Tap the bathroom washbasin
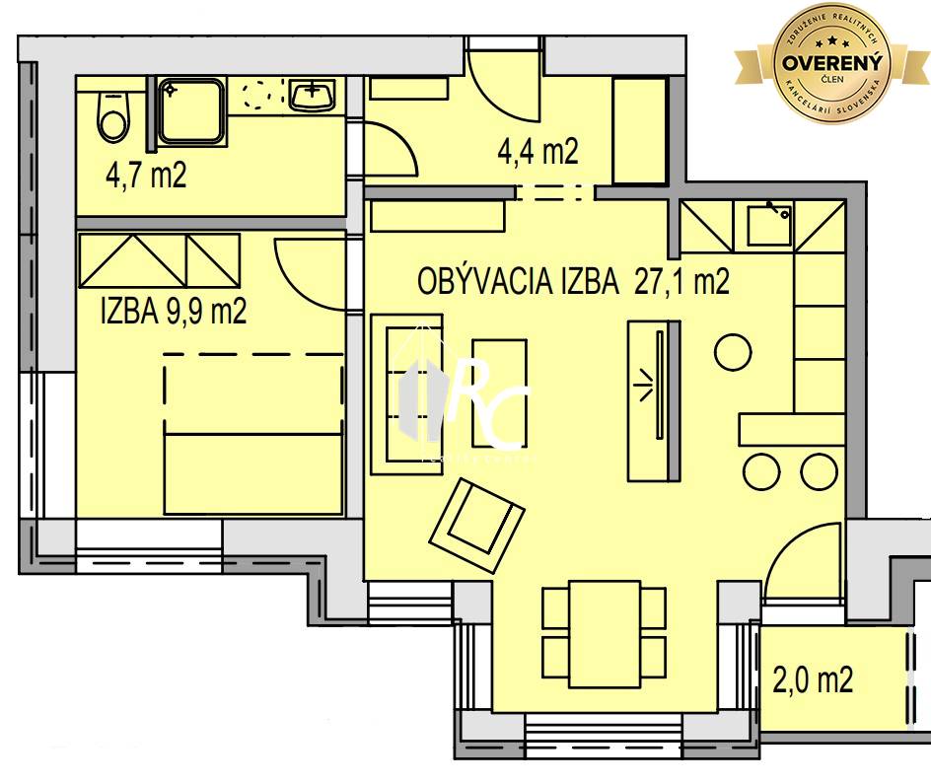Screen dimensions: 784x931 313,96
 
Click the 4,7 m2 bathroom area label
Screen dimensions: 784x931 146,177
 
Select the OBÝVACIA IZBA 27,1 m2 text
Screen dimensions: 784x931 573,283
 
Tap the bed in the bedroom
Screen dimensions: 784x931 253,434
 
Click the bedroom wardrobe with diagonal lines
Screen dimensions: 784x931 160,259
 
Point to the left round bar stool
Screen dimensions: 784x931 760,470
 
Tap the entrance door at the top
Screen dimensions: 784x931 503,74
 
